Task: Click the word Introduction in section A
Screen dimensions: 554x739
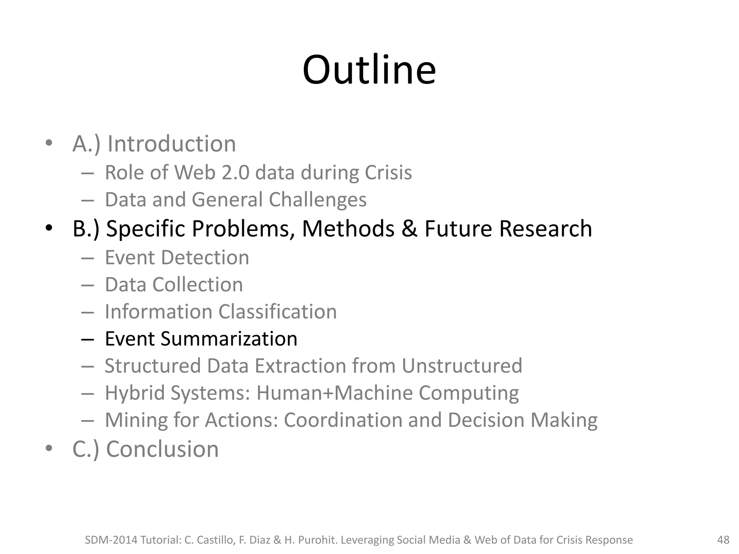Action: (x=172, y=144)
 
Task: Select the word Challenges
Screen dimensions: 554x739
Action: (x=318, y=200)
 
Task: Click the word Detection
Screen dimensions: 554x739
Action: (x=205, y=258)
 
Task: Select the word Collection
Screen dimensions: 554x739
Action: (x=197, y=285)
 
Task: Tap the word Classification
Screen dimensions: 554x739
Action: (x=277, y=312)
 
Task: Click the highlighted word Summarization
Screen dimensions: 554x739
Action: (x=229, y=339)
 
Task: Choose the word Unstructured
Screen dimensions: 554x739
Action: (x=462, y=366)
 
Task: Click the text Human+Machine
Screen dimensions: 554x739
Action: (x=334, y=393)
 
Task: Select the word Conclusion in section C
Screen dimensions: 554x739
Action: (x=162, y=449)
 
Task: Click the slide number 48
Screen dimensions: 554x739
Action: (x=723, y=540)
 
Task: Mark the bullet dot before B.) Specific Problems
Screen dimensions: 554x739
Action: (x=49, y=228)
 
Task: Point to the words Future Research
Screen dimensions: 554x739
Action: (x=508, y=229)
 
